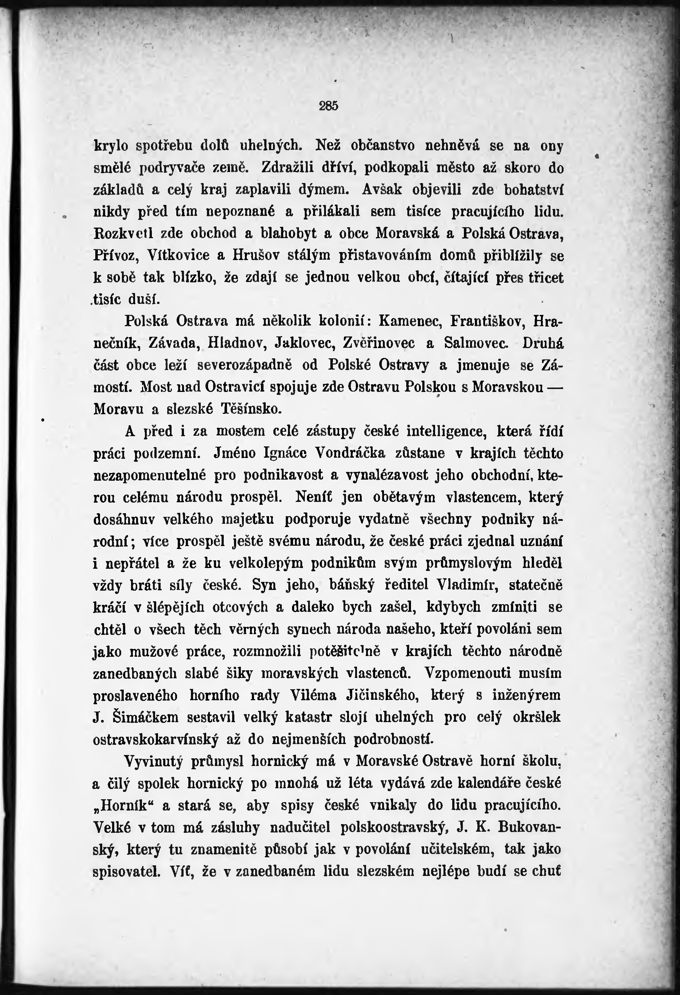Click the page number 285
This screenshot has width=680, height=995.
click(329, 106)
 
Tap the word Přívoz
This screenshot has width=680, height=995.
click(115, 256)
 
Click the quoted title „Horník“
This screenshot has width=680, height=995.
click(123, 805)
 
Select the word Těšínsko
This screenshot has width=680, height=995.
click(251, 409)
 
